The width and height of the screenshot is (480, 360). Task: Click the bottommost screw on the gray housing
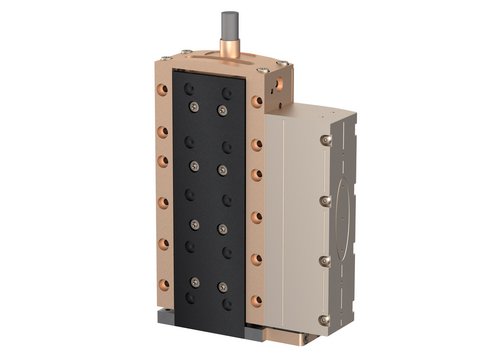(x=324, y=317)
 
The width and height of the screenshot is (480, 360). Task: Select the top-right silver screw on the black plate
(x=222, y=109)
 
